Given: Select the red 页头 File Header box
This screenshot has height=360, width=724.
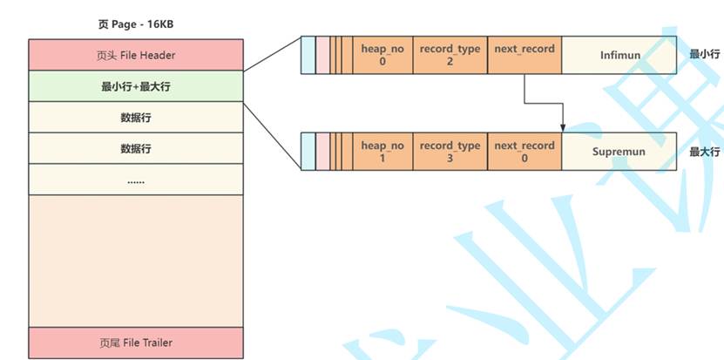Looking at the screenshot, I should (x=136, y=55).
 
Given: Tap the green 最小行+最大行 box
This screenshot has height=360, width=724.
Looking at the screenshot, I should (x=136, y=86).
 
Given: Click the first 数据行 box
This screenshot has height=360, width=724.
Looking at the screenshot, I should (x=136, y=117).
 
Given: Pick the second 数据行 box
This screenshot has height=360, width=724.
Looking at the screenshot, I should (x=136, y=148).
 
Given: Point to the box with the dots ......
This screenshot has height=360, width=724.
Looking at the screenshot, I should (x=136, y=180).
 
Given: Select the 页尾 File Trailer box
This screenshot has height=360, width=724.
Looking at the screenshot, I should (x=136, y=343).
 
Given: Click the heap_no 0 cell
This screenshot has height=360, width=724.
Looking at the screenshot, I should (x=382, y=55).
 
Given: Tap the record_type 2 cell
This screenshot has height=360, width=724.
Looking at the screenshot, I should (x=450, y=55).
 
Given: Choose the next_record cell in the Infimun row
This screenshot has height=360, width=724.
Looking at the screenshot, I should (x=524, y=55).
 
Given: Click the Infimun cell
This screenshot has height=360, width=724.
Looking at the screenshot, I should (x=619, y=55).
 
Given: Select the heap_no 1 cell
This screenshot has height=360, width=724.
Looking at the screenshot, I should (x=382, y=151).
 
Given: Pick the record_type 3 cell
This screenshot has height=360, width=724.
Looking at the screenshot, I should (x=450, y=151).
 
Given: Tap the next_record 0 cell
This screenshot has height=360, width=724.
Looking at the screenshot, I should (x=524, y=151).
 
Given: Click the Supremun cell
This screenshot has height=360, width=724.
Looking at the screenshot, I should (x=619, y=151).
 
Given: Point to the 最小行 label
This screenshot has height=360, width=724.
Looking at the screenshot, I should (x=704, y=54).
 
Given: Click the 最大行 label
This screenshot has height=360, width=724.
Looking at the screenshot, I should (x=704, y=151).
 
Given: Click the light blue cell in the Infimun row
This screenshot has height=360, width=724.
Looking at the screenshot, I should (x=308, y=55).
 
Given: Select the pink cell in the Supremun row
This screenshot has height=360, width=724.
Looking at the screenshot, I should (x=322, y=151).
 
